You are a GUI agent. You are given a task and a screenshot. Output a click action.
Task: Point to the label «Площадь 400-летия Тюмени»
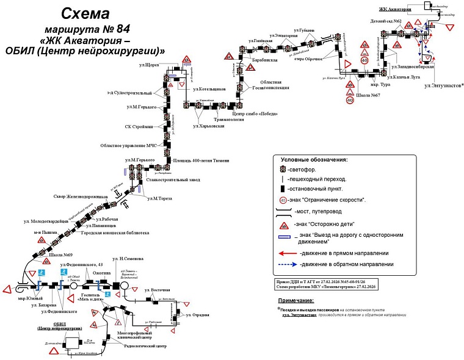pos(201,160)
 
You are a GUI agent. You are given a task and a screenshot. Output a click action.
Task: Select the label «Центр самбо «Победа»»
pos(255,113)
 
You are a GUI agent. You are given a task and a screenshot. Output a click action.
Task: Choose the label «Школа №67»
pos(368,95)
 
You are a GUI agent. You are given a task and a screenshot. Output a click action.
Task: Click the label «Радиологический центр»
pos(145,346)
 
